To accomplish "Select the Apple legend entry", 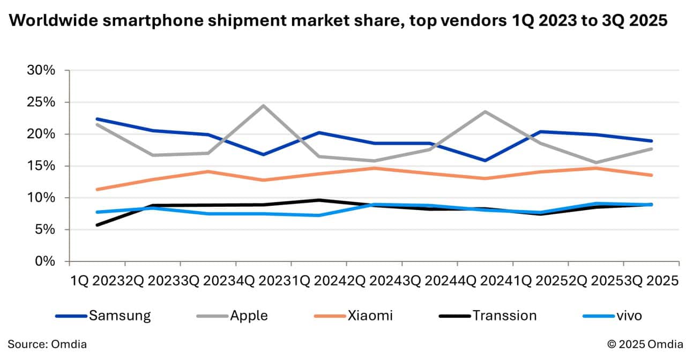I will pos(249,316).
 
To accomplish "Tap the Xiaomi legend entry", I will pos(370,316).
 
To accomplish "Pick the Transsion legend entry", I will pos(504,316).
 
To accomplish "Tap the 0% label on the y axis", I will pos(45,261).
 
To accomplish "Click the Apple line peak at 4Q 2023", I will pos(263,106).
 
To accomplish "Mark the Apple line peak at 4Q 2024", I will pos(485,111).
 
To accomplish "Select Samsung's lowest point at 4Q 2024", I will pos(485,160).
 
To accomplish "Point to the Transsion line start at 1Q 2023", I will pos(97,225).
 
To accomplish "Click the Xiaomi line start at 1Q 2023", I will pos(97,189).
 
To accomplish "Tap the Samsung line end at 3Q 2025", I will pos(651,141).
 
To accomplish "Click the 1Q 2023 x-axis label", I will pos(97,281).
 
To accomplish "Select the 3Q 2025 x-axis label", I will pos(651,281).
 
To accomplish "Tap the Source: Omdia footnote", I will pos(47,344).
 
